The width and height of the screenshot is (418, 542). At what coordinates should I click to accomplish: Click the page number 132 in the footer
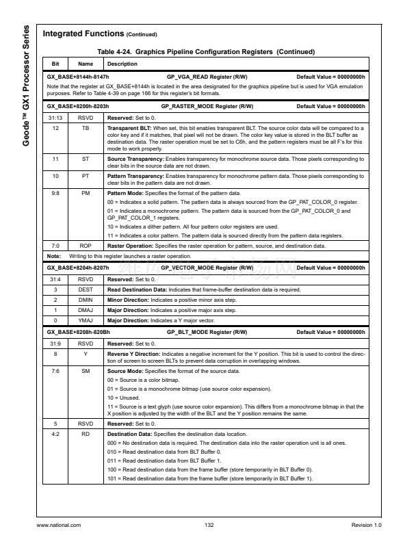pos(209,524)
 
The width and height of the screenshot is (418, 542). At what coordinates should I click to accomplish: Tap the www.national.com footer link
pos(58,524)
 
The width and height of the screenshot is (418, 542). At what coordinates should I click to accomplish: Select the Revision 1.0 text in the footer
pos(366,524)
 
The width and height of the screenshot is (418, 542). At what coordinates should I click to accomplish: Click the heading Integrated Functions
pos(81,34)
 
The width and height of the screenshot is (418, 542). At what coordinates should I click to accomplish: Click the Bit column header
pos(56,64)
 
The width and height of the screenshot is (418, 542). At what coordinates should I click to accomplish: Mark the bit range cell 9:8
pos(56,194)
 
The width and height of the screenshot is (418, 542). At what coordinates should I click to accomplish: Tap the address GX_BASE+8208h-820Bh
pos(78,331)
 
